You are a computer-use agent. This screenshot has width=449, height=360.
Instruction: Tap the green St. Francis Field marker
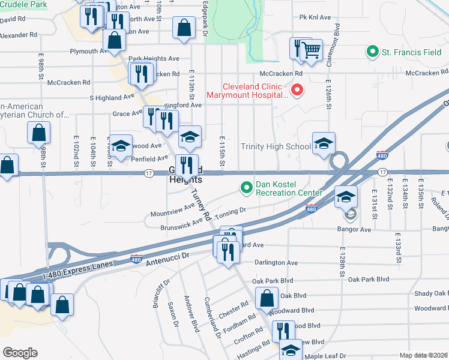click(373, 52)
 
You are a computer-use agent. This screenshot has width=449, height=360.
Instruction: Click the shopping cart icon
click(311, 50)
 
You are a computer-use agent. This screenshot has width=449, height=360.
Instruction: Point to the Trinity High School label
click(276, 146)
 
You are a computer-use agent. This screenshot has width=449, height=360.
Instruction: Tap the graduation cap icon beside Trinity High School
click(323, 143)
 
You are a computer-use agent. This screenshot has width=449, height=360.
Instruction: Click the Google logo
click(20, 353)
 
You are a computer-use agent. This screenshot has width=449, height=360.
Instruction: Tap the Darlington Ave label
click(276, 263)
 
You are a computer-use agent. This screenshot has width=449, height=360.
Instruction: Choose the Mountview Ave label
click(173, 209)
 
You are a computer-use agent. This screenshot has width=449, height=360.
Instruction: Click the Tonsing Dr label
click(231, 211)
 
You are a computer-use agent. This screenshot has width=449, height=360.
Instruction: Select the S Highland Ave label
click(112, 97)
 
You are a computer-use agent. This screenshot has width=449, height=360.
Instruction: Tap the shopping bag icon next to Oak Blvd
click(267, 298)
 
